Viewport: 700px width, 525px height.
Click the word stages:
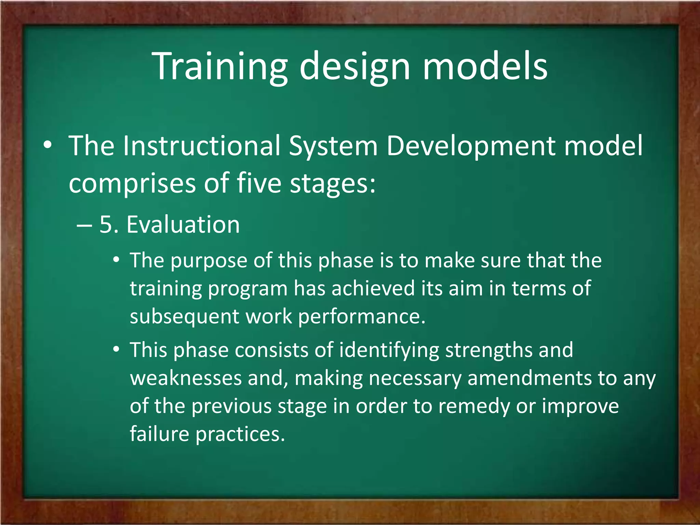pos(333,183)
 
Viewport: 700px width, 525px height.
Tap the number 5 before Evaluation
pos(106,225)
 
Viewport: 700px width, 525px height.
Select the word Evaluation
pos(183,225)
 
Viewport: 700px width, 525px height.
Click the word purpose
pos(209,261)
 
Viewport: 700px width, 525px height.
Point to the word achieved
pos(373,288)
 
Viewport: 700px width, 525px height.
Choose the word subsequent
pos(185,317)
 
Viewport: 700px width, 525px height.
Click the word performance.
pos(362,317)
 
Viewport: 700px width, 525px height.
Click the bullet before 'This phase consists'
pos(117,350)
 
